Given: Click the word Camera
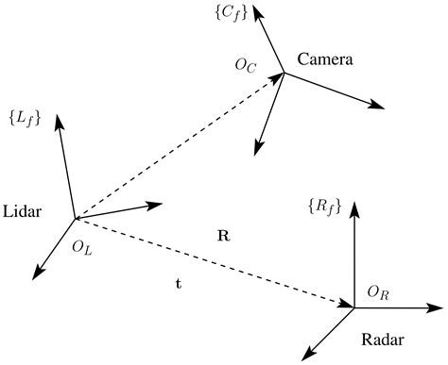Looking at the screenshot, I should point(324,59).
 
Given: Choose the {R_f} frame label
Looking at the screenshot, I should point(324,205).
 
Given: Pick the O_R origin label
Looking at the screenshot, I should point(377,294).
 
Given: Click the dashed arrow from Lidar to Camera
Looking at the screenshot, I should point(180,142).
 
